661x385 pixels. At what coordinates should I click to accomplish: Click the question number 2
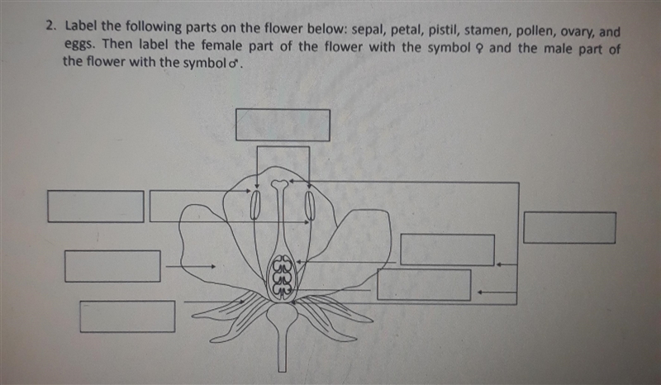50,26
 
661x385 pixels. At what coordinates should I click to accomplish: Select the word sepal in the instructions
367,30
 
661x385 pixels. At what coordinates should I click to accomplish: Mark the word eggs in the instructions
77,45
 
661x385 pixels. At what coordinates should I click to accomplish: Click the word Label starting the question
81,26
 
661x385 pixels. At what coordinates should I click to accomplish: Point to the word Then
117,44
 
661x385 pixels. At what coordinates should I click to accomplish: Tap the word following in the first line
154,27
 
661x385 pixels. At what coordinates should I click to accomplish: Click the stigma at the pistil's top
279,184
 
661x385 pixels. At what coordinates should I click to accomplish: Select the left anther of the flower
254,205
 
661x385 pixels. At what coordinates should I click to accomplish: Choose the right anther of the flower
310,206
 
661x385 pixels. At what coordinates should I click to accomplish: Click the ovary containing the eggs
282,277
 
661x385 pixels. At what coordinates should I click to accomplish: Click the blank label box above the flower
283,125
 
